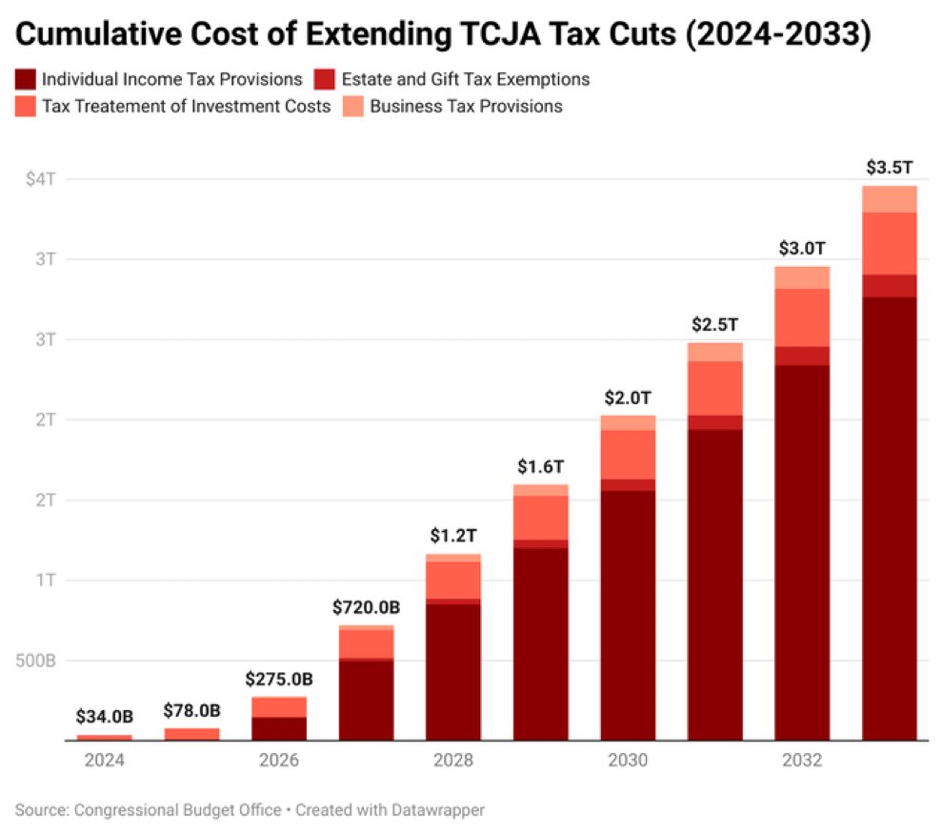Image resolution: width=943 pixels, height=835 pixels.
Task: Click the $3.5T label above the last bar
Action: [890, 168]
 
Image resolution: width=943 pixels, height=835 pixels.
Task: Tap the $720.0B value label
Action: [367, 607]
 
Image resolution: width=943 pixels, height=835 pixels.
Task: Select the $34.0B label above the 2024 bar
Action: [105, 717]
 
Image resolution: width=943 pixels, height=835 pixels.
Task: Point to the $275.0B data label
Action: [279, 680]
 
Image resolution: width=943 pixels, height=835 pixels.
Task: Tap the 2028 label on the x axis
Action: [453, 761]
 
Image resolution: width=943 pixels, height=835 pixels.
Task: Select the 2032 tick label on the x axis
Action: [802, 761]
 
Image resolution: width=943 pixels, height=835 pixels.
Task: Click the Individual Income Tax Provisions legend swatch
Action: [27, 79]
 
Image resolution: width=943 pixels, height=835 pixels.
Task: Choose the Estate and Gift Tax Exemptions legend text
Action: [480, 79]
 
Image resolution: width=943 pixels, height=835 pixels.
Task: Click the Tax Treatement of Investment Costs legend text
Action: [187, 106]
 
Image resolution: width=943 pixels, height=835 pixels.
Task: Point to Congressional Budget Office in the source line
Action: [176, 810]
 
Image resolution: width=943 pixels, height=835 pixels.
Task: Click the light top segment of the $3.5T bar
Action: [890, 198]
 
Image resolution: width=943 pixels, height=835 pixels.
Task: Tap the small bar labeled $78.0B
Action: [191, 734]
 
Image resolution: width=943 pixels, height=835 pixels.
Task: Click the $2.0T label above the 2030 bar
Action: [628, 397]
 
